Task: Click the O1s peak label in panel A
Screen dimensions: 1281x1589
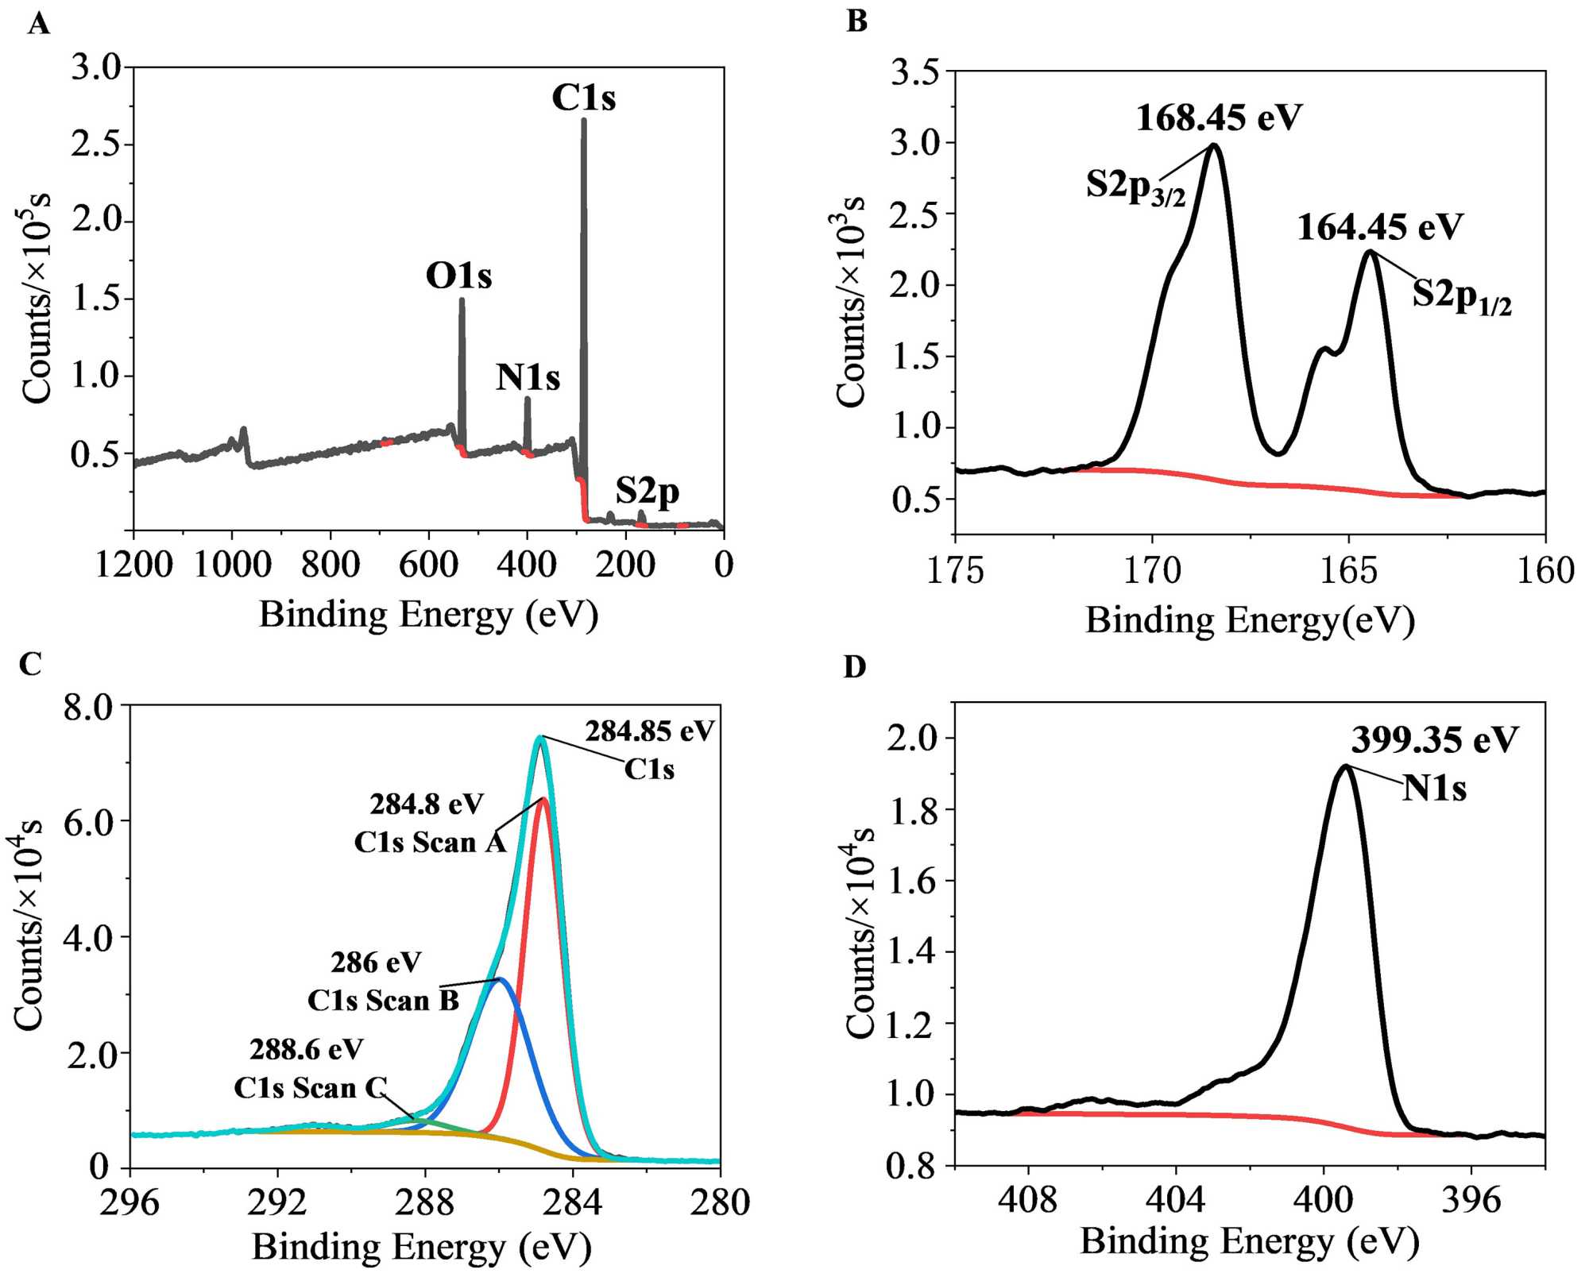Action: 458,276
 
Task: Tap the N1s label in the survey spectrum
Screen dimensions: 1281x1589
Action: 528,377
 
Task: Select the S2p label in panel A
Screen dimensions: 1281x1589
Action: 647,492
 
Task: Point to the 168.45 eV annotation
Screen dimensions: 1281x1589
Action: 1219,118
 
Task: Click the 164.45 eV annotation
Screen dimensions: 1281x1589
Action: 1379,227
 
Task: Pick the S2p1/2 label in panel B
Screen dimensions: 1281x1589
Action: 1461,295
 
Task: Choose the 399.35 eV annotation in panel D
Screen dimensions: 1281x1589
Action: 1434,740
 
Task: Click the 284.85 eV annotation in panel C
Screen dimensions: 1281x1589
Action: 650,731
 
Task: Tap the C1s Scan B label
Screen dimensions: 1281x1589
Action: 383,1000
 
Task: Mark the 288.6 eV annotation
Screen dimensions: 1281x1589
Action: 306,1049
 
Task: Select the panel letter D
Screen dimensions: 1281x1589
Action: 854,667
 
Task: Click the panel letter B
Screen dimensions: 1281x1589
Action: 856,21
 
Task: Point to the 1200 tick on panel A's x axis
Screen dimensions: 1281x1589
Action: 133,565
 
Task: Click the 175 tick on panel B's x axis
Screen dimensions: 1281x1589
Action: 955,570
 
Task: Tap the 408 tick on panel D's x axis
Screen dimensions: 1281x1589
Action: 1028,1199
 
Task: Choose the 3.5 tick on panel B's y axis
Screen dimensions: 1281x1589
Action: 914,72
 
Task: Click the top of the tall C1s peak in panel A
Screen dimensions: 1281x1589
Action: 584,121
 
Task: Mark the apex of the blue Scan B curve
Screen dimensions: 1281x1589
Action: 500,978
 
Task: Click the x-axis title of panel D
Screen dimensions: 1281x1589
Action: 1249,1241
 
